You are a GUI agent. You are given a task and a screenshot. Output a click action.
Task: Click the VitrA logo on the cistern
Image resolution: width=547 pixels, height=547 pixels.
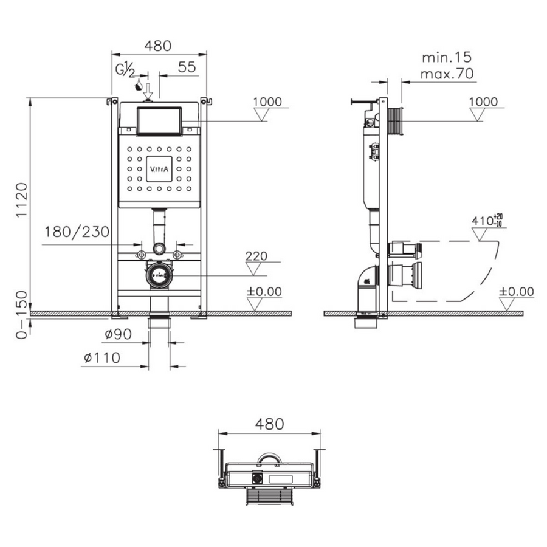click(x=159, y=169)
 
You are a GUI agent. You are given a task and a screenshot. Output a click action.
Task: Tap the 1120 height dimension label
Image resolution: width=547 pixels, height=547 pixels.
click(x=22, y=199)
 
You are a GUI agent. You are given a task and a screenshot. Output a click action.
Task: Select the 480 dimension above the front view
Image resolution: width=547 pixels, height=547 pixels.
click(x=158, y=46)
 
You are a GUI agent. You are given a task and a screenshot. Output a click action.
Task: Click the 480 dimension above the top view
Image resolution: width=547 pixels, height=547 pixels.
click(x=270, y=424)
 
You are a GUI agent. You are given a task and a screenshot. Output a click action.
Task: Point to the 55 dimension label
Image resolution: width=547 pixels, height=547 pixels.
click(x=187, y=67)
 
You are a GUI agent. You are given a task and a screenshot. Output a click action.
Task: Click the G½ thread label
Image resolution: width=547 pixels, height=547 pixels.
click(x=125, y=70)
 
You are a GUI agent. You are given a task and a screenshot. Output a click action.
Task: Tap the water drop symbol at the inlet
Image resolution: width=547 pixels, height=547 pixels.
click(x=139, y=84)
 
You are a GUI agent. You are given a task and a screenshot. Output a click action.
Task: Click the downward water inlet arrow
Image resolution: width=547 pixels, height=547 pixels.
click(x=148, y=91)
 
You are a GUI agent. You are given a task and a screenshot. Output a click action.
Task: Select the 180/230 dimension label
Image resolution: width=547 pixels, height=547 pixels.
click(x=77, y=232)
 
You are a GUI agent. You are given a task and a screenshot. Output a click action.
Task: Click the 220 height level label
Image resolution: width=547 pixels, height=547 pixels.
click(x=256, y=256)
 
